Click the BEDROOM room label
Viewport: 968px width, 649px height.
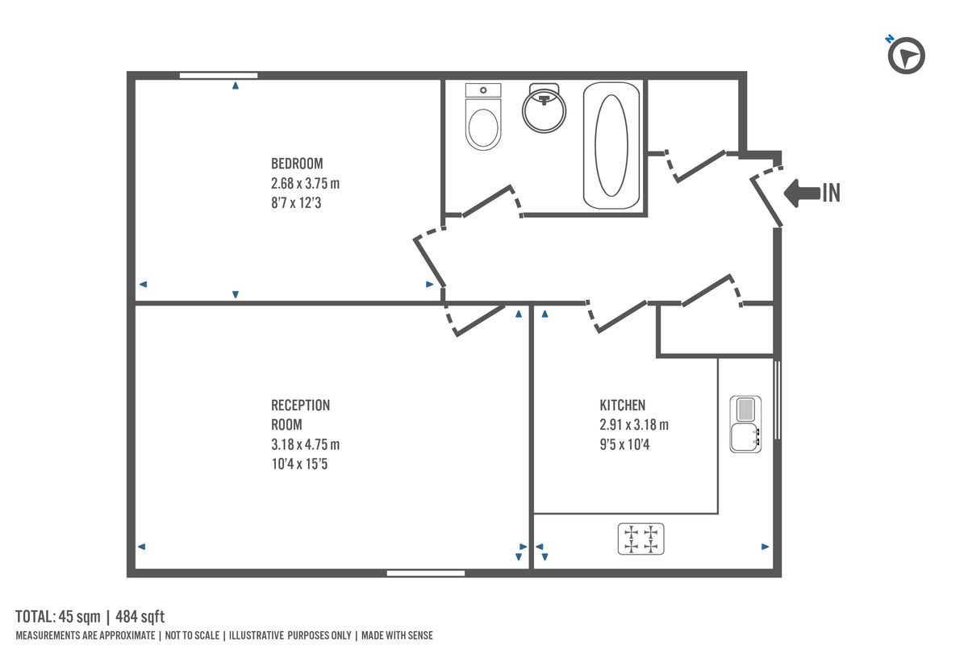tap(297, 164)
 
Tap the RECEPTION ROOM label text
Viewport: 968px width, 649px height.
tap(300, 414)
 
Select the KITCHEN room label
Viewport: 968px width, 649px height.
tap(622, 406)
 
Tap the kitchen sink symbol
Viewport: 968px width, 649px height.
tap(745, 424)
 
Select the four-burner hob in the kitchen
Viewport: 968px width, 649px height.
tap(640, 539)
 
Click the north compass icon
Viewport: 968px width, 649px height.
tap(906, 56)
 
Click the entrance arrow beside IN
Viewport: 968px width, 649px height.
tap(801, 193)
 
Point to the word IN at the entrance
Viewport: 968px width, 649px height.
tap(831, 193)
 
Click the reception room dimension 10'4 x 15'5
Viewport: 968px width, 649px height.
tap(299, 464)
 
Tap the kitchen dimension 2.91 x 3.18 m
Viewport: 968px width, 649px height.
tap(634, 425)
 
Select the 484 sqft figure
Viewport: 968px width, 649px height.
tap(140, 618)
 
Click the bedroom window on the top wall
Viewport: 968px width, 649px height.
tap(219, 75)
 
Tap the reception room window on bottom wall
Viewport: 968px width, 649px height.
tap(425, 573)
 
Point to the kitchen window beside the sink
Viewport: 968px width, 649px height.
tap(778, 400)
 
